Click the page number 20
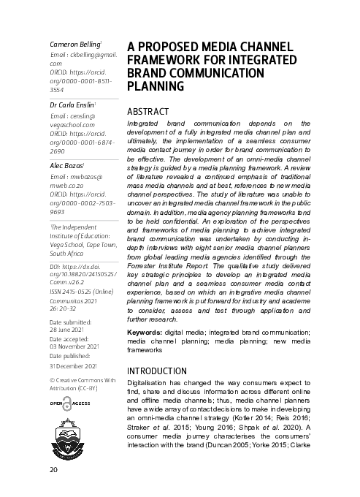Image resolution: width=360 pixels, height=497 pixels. click(53, 468)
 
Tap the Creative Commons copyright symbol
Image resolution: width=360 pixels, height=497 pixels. click(52, 380)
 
